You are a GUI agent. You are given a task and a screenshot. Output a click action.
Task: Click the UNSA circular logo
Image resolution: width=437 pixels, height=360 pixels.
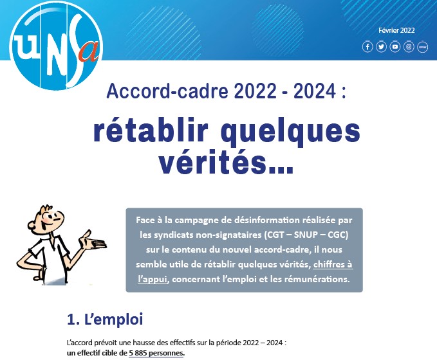point(56,46)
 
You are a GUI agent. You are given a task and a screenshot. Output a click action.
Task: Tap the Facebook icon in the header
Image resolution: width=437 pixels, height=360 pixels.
point(367,46)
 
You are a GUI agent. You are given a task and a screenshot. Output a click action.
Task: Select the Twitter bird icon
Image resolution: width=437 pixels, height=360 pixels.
point(381,46)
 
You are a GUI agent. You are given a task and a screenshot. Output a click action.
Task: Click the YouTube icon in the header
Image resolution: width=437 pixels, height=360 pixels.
point(395,46)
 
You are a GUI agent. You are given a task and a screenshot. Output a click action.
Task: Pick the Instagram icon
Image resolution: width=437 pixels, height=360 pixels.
point(409,46)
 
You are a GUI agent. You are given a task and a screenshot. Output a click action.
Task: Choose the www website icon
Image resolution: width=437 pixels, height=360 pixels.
point(422,47)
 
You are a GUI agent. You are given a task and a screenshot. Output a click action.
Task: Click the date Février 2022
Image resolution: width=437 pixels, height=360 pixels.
point(396,30)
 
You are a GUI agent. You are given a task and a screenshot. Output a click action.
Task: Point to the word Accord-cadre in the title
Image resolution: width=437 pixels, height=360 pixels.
point(167,91)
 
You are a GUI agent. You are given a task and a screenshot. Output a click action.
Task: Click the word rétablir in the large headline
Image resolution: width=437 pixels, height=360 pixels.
point(151,130)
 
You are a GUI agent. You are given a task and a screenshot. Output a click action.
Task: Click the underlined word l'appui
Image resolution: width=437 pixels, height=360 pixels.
point(153,279)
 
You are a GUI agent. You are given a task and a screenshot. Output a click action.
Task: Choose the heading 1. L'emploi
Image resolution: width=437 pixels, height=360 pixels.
point(105,319)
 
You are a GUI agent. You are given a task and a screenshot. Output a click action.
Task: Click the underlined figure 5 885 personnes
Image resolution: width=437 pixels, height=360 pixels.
point(156,353)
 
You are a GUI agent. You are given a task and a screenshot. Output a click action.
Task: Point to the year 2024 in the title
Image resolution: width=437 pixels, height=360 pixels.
point(315,91)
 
